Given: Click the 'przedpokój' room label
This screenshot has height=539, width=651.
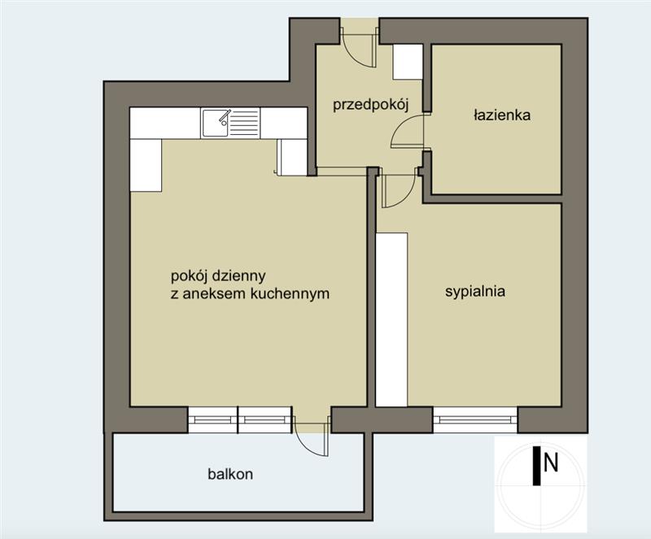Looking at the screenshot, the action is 371,105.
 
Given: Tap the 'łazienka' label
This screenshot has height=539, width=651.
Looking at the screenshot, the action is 502,115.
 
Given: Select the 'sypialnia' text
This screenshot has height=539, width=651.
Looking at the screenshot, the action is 475,291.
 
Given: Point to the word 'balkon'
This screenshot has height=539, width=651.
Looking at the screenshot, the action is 230,474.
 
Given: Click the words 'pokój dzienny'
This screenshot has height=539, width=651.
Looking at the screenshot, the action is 218,276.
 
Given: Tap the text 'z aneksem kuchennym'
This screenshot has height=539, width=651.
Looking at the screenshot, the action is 250,293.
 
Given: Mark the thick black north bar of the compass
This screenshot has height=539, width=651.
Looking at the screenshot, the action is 536,466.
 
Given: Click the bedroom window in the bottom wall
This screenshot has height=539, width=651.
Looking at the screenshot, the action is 475,419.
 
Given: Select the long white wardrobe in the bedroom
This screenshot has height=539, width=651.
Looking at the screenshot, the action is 391,319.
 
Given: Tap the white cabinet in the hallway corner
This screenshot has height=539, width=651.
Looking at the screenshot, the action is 408,62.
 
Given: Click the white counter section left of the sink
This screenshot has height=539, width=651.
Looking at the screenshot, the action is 165,124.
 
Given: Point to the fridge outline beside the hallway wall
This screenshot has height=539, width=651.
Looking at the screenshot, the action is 293,157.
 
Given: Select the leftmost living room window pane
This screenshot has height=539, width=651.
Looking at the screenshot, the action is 212,420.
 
